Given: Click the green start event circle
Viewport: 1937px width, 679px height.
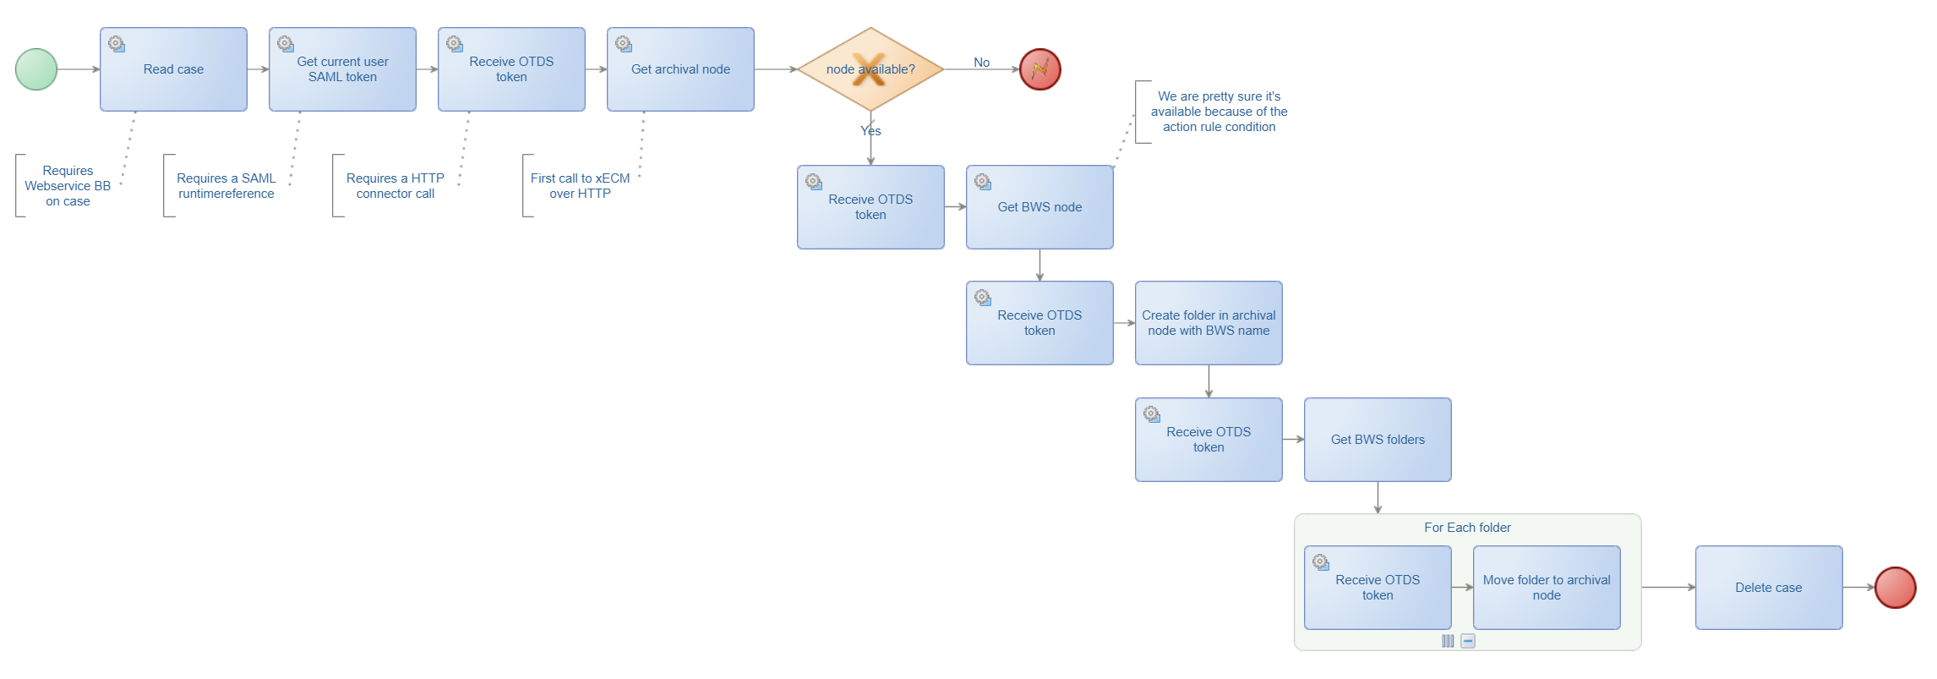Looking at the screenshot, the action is pos(36,69).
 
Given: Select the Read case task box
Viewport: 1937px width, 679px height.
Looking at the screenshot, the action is pos(173,69).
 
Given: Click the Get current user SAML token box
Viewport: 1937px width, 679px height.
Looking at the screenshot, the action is pos(342,69).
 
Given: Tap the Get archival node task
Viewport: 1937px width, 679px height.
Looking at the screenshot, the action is pos(680,69).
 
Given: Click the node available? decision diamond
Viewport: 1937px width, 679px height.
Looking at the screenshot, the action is pos(870,69).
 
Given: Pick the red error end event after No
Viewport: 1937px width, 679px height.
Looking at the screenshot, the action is pos(1040,69).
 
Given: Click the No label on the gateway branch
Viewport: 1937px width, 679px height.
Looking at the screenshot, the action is pos(981,63).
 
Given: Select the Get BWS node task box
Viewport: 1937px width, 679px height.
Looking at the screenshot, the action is pos(1039,207).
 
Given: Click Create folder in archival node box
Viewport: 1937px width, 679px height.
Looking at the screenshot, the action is pos(1209,323).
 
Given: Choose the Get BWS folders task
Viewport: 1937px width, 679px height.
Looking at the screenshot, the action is pos(1378,440).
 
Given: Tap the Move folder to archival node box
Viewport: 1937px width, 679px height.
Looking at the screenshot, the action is pos(1547,588).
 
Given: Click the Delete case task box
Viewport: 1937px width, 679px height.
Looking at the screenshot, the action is pos(1769,588).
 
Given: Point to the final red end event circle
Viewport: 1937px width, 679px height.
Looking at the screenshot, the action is pos(1896,588).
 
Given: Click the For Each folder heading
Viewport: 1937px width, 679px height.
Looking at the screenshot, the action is pos(1467,528).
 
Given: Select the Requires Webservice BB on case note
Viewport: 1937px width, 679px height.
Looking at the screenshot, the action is pos(68,186).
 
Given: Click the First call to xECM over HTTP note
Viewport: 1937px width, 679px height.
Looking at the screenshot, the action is pos(580,186).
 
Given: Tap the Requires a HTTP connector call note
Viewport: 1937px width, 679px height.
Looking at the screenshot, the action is pos(395,186).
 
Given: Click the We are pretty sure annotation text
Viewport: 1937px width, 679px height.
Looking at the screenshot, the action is pos(1219,112).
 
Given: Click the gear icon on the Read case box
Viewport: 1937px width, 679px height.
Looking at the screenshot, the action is pos(117,44).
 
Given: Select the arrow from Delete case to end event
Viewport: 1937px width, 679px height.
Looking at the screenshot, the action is pos(1858,588).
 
